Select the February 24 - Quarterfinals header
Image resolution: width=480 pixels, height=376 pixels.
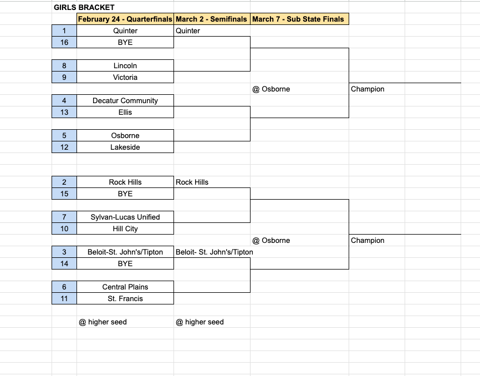click(125, 19)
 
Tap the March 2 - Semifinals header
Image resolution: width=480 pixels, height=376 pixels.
click(211, 19)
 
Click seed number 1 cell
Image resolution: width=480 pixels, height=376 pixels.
click(64, 31)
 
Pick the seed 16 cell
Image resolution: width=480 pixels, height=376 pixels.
click(64, 42)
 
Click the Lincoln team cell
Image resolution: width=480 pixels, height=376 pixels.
click(125, 65)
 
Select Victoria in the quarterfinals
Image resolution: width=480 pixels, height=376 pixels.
click(125, 77)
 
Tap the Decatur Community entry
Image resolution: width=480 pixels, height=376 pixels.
click(125, 100)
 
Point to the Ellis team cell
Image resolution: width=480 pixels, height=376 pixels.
click(125, 112)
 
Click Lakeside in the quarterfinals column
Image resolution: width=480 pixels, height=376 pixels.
click(125, 147)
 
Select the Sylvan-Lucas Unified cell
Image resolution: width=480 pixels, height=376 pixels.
click(125, 217)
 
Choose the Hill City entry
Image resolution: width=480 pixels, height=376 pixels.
click(125, 228)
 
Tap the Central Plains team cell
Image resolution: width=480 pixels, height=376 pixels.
click(125, 287)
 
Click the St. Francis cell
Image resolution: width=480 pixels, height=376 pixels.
click(125, 298)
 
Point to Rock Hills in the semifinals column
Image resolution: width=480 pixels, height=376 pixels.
click(192, 182)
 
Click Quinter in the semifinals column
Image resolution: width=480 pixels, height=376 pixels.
click(188, 31)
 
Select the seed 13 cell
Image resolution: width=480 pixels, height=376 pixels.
click(64, 112)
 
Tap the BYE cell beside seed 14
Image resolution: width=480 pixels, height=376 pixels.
click(125, 263)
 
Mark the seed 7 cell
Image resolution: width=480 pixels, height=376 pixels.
click(64, 217)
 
